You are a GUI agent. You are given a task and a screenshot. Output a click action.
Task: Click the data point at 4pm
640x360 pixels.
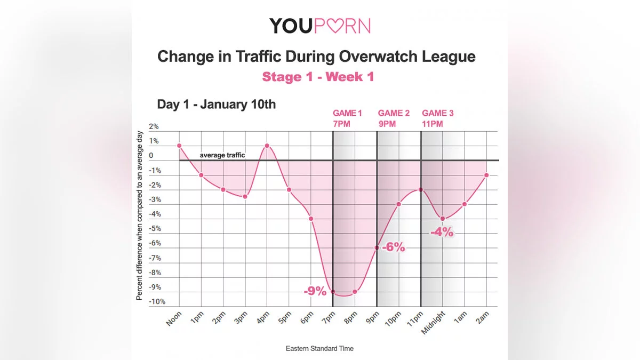coord(267,146)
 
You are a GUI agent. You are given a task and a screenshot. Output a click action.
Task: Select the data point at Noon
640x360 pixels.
coord(179,146)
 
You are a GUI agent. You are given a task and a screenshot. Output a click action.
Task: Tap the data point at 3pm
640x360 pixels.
coord(245,197)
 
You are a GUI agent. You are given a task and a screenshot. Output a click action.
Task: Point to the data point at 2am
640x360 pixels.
coord(486,175)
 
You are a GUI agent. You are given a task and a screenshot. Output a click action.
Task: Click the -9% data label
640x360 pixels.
coord(314,291)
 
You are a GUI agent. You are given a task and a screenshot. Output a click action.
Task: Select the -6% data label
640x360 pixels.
coord(393,247)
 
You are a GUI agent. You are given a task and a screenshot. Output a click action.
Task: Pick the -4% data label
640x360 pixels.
coord(442,232)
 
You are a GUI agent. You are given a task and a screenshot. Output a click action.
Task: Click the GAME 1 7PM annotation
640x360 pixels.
coord(347,118)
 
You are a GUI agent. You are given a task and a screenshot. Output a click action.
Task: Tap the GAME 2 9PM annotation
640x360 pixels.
coord(394,118)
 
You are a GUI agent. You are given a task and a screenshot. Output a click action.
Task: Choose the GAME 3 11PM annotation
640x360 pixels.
coord(438,118)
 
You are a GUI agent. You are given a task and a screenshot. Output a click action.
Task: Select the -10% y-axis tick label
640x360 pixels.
coord(157,302)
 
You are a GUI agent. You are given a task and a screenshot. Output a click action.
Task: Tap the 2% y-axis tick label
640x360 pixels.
coord(154,127)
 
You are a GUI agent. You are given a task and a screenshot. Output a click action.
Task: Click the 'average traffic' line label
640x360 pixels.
coord(222,155)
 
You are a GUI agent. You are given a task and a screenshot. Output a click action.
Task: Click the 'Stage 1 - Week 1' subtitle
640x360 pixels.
coord(318,77)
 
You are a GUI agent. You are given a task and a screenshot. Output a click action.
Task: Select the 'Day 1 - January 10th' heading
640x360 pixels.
coord(217,104)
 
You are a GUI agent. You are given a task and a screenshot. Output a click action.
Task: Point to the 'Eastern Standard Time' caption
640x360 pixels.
coord(319,348)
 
